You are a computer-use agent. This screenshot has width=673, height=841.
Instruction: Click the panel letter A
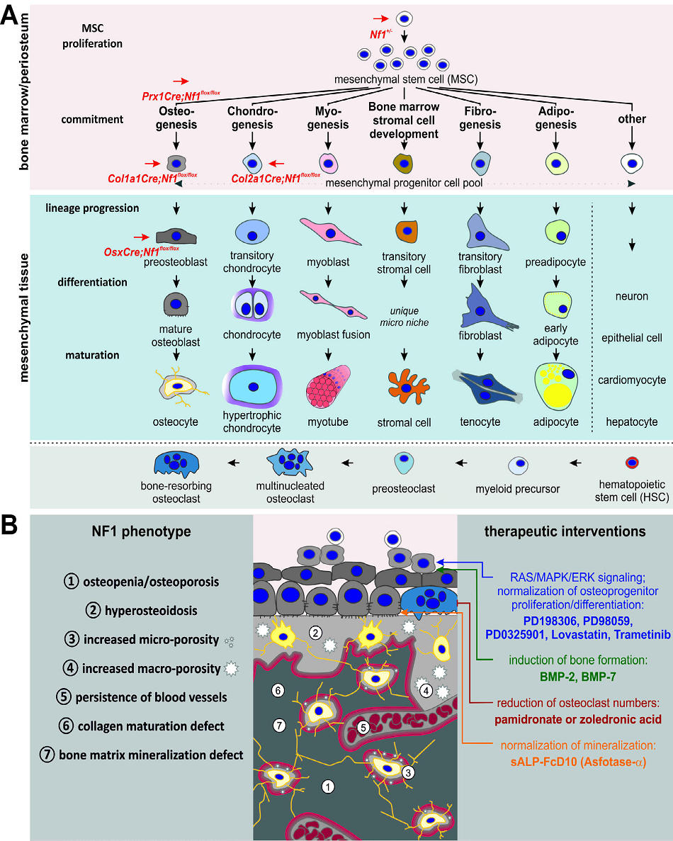12,15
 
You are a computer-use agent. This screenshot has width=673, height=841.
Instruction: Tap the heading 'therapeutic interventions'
565,531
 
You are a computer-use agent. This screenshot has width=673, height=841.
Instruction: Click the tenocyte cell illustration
480,387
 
